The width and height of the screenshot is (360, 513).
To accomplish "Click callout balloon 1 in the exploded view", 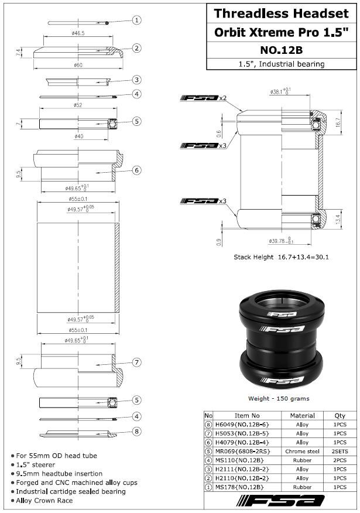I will point(136,20).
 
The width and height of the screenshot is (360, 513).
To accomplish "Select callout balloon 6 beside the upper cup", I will point(136,170).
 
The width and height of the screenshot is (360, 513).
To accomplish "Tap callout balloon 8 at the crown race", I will point(136,431).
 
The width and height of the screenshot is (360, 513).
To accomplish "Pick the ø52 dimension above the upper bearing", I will point(77,105).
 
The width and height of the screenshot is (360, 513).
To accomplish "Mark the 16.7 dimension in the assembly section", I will point(338,124).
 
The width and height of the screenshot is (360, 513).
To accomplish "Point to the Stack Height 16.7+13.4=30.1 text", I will point(280,256).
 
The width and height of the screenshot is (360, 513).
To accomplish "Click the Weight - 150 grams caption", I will point(279,399).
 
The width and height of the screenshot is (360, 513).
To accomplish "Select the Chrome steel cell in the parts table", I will point(302,452).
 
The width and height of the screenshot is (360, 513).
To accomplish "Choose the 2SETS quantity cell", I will point(339,452).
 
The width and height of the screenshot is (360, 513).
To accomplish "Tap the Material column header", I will point(302,416).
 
